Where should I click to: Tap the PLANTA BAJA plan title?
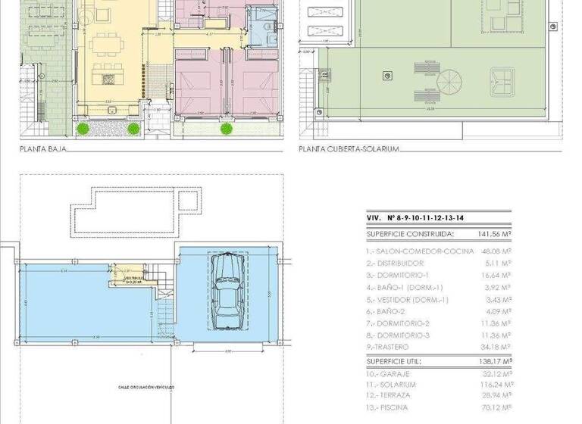[42, 150]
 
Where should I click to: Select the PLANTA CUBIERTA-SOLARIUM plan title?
[349, 150]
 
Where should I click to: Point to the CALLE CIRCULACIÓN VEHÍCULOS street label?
[145, 387]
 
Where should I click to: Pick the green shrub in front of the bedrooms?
[226, 129]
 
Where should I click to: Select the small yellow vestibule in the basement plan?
[136, 278]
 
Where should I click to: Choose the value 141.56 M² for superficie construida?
[494, 235]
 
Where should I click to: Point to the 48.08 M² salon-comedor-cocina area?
[496, 250]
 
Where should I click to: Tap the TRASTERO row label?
[389, 348]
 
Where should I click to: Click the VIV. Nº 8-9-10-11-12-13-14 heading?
[415, 218]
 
